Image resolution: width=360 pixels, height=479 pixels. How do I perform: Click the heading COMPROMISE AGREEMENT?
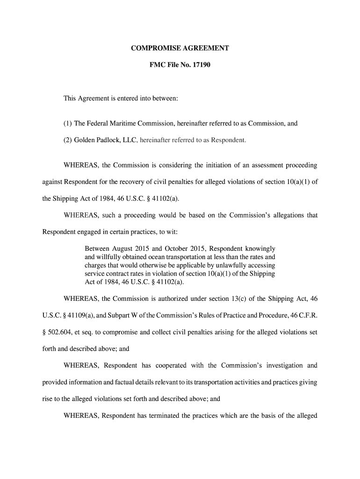coord(180,48)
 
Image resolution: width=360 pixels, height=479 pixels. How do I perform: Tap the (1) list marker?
coord(68,124)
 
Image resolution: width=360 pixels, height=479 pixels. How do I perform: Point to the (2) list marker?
coord(68,139)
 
